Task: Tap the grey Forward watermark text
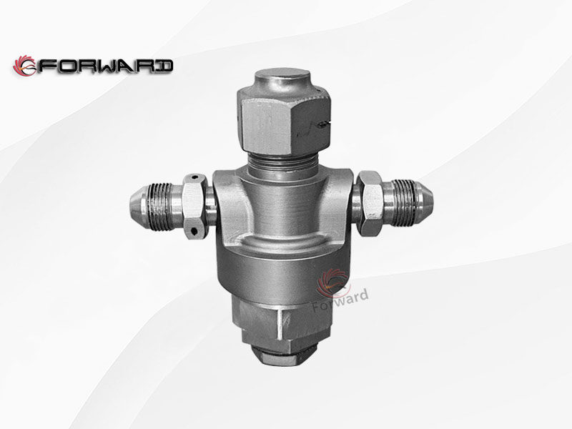coord(343,295)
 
